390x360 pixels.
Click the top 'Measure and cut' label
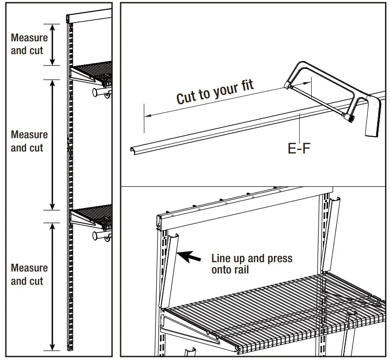tap(29, 44)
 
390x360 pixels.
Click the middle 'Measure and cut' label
tap(29, 141)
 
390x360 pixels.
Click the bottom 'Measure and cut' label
tap(29, 274)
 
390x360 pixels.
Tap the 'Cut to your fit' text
tap(215, 91)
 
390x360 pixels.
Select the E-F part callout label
tap(299, 148)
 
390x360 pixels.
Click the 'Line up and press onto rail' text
tap(252, 264)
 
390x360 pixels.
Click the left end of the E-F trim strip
tap(134, 150)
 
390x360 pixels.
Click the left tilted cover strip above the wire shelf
tap(168, 270)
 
